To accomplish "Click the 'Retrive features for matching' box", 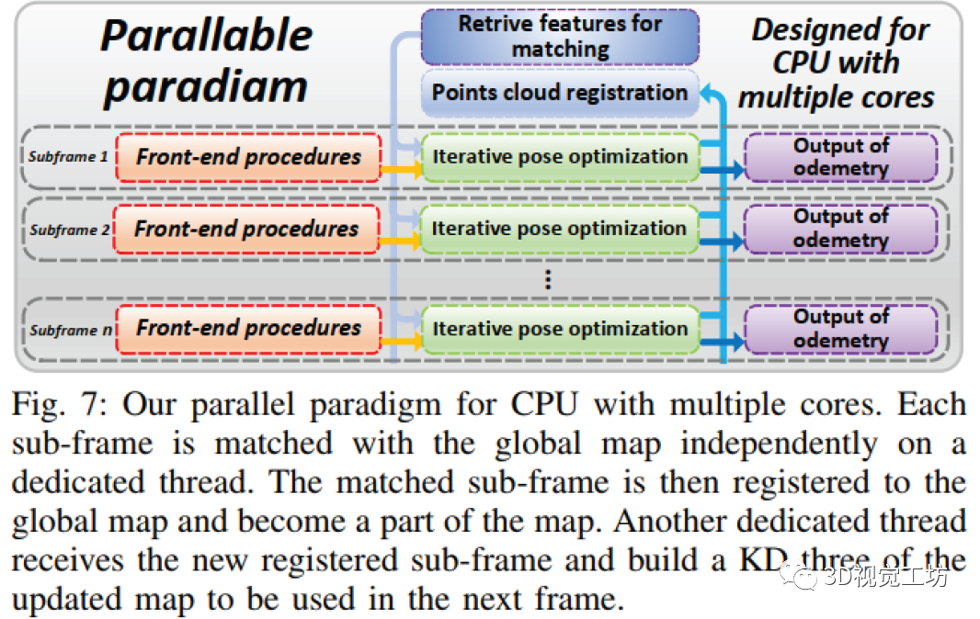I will click(560, 36).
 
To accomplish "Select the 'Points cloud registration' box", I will click(560, 93).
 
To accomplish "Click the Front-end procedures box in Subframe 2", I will click(246, 229).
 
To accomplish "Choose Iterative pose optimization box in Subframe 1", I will click(560, 157).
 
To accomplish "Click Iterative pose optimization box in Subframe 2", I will click(560, 229).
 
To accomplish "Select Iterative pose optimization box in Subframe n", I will click(560, 329).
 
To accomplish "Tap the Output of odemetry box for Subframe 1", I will click(840, 157).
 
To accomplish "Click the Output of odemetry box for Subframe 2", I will click(840, 229).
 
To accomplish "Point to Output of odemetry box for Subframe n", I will click(840, 329).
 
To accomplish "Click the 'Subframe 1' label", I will click(68, 157).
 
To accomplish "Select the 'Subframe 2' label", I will click(68, 230).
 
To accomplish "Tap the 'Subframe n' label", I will click(68, 330).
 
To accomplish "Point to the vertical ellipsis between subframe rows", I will click(548, 279).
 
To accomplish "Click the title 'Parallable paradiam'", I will click(206, 61).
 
